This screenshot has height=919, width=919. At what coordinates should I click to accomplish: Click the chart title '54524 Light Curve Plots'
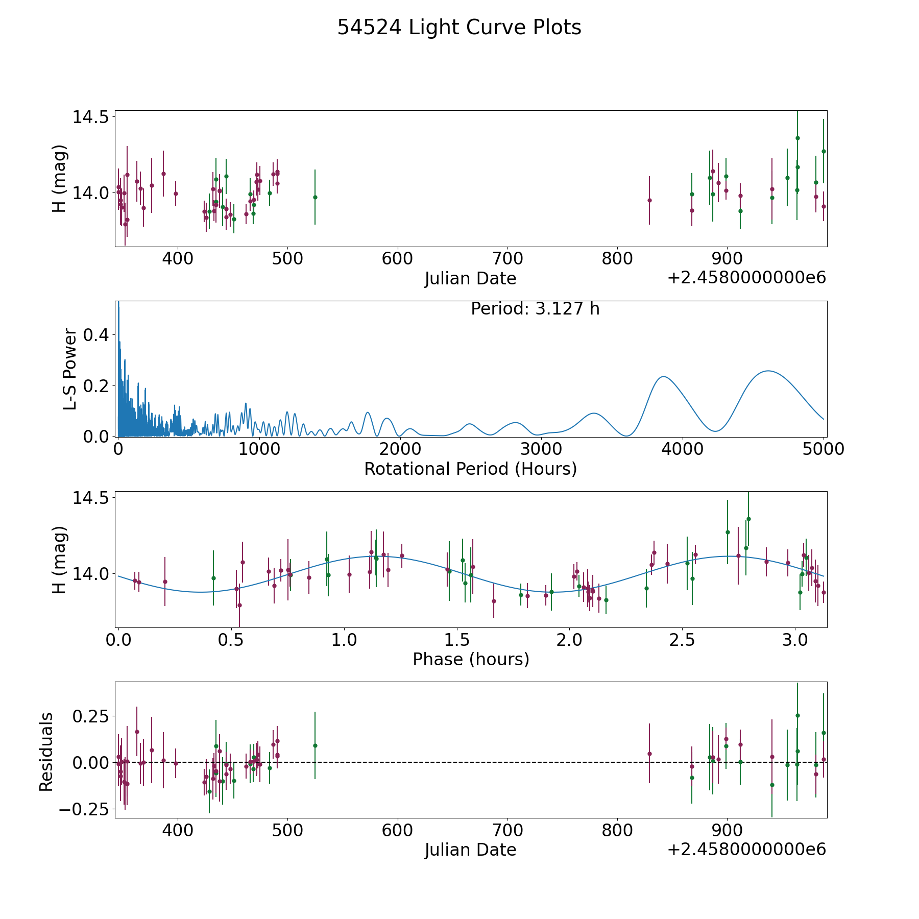tap(459, 28)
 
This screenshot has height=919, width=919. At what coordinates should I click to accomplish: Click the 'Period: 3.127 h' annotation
tap(535, 309)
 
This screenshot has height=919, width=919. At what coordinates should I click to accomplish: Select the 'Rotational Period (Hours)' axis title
tap(470, 469)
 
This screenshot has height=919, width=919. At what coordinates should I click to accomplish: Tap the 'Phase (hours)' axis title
tap(471, 659)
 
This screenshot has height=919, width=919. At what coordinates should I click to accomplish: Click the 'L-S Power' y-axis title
tap(70, 369)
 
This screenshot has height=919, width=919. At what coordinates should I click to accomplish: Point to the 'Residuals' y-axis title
tap(46, 752)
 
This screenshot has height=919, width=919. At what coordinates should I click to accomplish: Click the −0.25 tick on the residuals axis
tap(84, 809)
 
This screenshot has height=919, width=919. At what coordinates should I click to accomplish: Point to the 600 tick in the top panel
tap(397, 259)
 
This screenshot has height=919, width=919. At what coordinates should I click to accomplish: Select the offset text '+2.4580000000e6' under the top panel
tap(746, 278)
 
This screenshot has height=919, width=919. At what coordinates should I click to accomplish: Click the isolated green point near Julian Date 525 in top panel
tap(315, 197)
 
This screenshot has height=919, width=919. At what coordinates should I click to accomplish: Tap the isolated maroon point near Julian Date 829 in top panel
tap(649, 200)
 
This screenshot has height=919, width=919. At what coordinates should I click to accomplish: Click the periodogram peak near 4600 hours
tap(767, 371)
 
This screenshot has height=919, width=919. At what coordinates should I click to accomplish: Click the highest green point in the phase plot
tap(748, 519)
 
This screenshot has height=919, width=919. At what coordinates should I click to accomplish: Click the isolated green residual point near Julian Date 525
tap(315, 745)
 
